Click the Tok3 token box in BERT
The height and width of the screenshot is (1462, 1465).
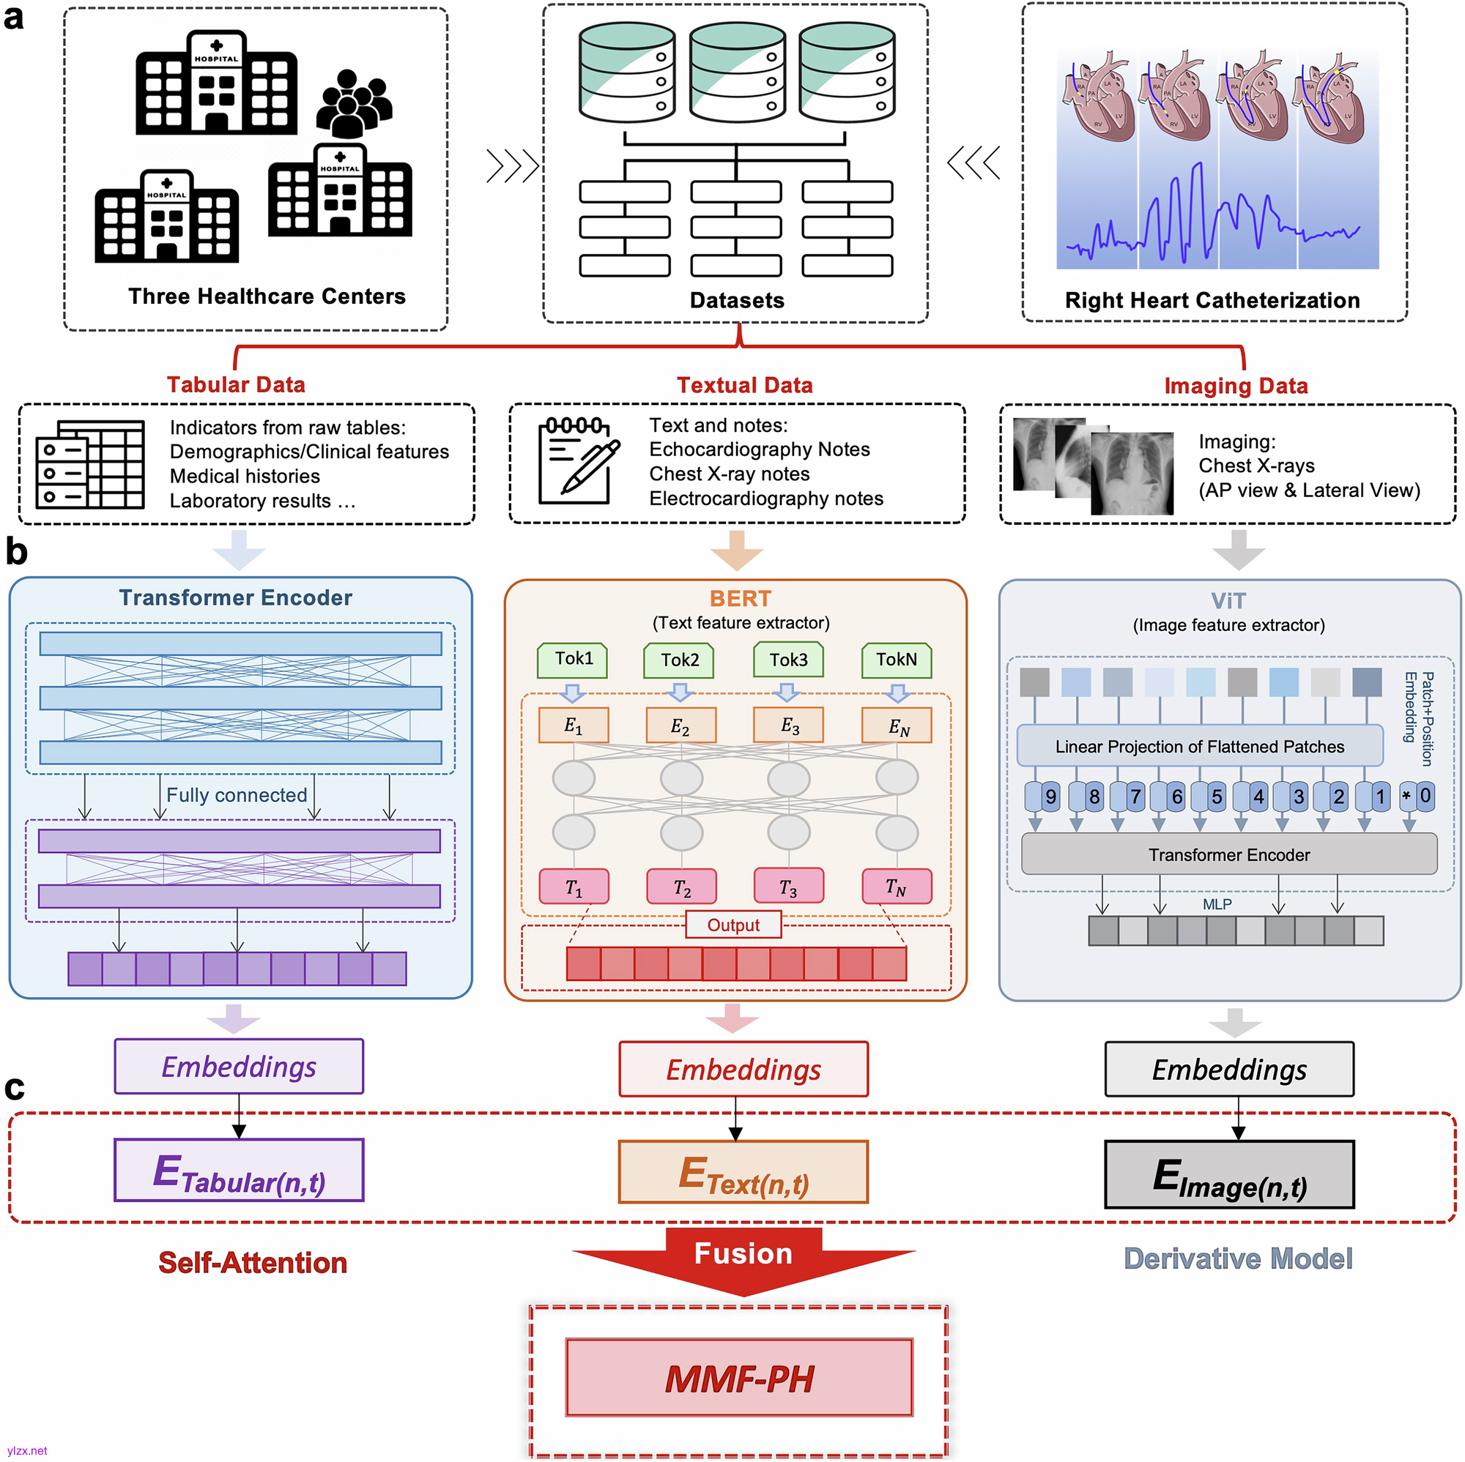788,660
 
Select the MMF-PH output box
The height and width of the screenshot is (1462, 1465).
738,1377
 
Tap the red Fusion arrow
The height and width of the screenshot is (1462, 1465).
743,1259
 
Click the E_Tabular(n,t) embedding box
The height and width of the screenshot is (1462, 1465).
239,1169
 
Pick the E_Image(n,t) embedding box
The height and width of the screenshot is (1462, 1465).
1228,1174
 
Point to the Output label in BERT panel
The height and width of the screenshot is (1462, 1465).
732,925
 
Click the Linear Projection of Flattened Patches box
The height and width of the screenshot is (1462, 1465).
1199,747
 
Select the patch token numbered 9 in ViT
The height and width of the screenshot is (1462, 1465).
1042,796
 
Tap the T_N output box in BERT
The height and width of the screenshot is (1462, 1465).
897,886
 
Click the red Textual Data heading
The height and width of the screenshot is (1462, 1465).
744,385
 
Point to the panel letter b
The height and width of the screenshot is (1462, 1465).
16,551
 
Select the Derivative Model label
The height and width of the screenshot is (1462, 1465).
1237,1259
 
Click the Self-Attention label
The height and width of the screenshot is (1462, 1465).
253,1263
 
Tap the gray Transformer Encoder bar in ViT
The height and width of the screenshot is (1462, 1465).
1228,854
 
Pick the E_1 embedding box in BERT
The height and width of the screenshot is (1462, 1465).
574,726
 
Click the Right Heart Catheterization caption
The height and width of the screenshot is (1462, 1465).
1212,300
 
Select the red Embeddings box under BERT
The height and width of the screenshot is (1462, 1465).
743,1069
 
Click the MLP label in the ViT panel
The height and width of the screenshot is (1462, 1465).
1216,904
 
